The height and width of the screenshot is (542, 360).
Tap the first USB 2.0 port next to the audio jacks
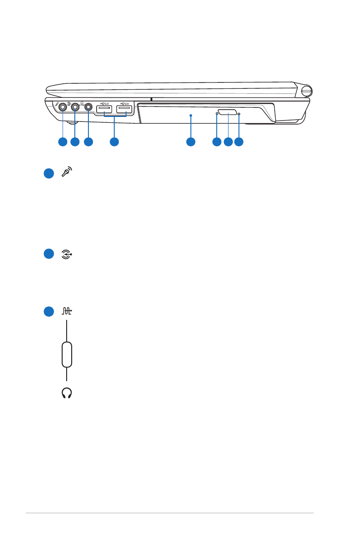click(x=104, y=109)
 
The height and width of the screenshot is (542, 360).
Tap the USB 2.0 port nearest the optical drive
click(x=124, y=109)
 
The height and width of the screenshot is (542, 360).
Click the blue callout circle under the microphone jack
click(x=63, y=142)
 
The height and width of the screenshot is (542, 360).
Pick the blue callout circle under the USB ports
click(x=114, y=142)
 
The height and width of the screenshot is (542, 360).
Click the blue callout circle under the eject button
click(x=228, y=142)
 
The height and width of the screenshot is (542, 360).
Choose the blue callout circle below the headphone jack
click(x=88, y=142)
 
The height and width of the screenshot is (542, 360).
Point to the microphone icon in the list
click(x=67, y=173)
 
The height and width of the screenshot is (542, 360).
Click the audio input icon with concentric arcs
click(x=67, y=255)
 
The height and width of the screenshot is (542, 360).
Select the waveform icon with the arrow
click(x=67, y=312)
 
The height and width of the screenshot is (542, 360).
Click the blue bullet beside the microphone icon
click(x=49, y=173)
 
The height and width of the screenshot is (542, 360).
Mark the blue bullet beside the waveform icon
click(x=49, y=312)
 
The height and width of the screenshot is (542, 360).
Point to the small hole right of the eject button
click(x=238, y=114)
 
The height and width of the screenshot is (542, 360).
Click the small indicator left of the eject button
click(x=217, y=114)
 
